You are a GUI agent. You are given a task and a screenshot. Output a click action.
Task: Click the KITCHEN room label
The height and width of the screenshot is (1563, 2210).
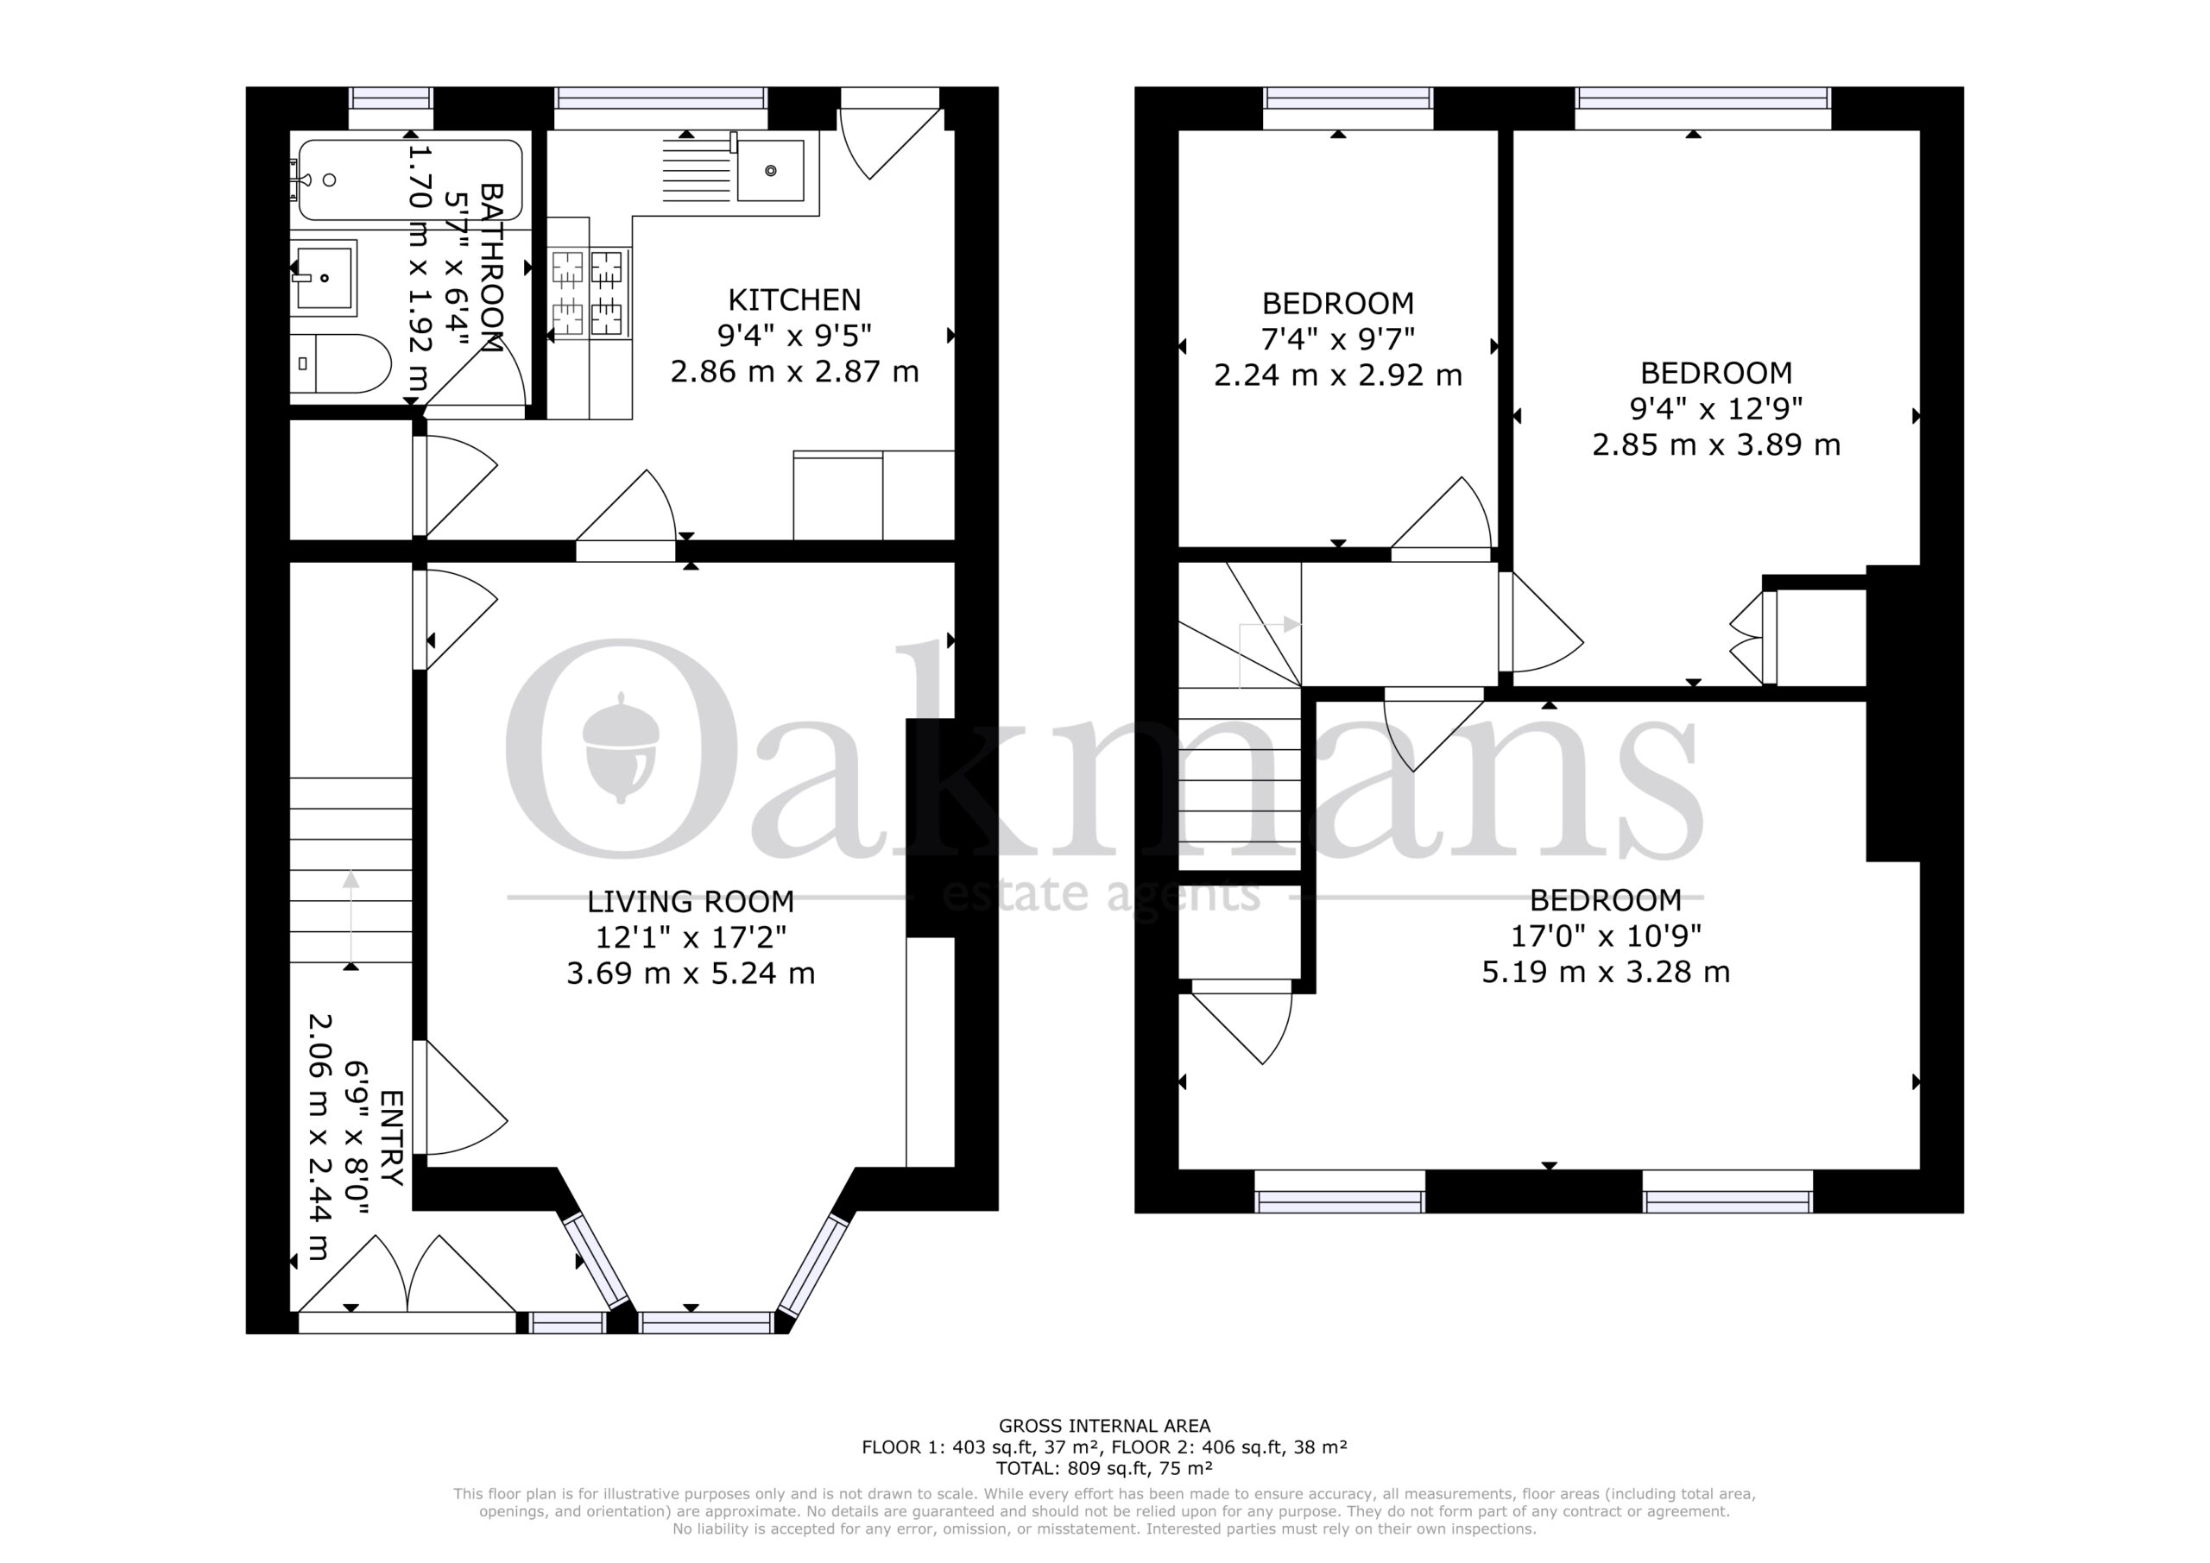tap(794, 300)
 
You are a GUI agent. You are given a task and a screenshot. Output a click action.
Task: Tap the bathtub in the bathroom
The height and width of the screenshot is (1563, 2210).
tap(410, 180)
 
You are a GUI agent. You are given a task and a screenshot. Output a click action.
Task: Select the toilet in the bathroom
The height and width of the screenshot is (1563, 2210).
tap(341, 364)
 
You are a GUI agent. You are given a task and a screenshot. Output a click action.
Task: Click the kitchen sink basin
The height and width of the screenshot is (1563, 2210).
tap(770, 170)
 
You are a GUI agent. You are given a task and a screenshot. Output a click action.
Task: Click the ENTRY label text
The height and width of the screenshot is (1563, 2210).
tap(392, 1138)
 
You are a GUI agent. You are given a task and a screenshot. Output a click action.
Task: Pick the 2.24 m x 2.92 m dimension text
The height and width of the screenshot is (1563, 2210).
tap(1338, 375)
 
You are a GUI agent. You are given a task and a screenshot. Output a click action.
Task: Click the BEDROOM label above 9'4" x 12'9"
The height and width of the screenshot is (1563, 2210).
tap(1716, 373)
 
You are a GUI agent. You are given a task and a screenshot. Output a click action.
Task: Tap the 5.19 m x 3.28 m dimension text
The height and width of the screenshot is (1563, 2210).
tap(1606, 972)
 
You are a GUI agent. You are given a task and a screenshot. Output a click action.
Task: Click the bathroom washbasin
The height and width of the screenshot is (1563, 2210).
tap(325, 278)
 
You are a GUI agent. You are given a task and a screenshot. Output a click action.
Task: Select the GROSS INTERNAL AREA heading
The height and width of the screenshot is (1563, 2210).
tap(1104, 1427)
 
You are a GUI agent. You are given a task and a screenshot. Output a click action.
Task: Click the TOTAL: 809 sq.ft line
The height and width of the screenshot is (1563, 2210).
tap(1104, 1469)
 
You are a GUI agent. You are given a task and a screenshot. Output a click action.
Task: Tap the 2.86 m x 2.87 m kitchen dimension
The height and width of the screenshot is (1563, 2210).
tap(794, 371)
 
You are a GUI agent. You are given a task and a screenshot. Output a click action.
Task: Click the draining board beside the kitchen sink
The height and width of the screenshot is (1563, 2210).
tap(697, 171)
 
